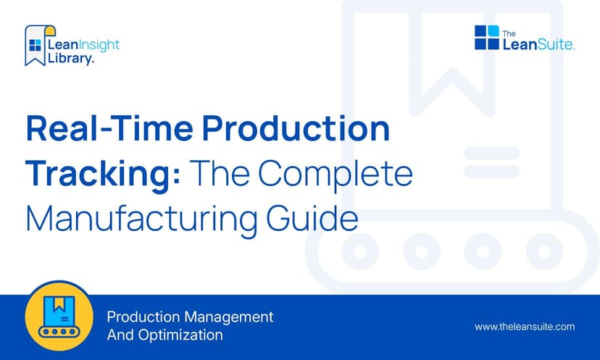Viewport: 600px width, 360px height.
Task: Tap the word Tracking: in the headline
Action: point(100,174)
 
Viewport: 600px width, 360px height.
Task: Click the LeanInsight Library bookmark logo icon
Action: point(36,46)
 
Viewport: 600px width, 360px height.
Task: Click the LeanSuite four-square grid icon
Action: point(487,37)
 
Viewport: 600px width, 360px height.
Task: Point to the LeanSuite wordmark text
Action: point(538,44)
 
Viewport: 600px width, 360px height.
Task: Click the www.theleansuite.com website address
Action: point(524,327)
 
